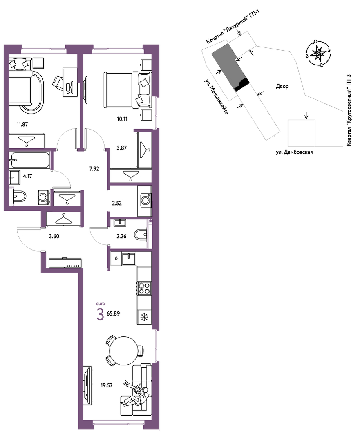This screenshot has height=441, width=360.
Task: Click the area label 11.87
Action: coord(22,124)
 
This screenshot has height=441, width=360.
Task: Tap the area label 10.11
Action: coord(122,119)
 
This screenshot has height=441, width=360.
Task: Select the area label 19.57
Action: coord(107,385)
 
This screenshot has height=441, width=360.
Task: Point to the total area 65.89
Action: coord(113,313)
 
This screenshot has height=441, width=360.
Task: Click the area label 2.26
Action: coord(121,237)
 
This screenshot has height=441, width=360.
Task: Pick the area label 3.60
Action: coord(54,237)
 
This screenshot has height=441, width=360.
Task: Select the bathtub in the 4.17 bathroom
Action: coord(29,160)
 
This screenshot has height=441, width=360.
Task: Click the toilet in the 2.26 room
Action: coord(141,235)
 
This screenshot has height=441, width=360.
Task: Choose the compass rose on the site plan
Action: coord(318,54)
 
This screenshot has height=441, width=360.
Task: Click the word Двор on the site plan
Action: coord(282,87)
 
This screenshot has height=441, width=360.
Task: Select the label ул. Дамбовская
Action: coord(294,152)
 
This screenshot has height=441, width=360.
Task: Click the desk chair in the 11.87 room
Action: coord(58,81)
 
